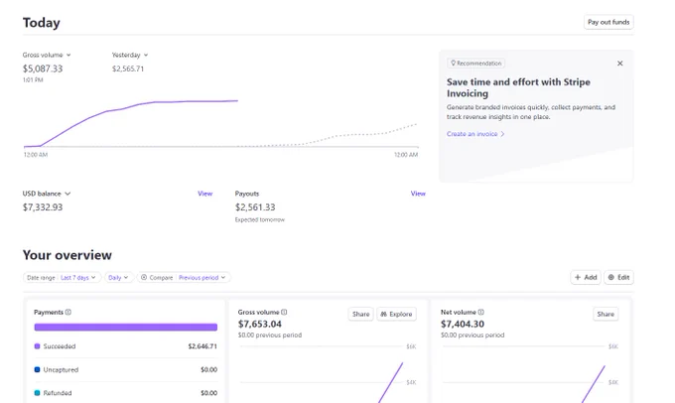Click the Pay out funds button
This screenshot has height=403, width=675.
[608, 22]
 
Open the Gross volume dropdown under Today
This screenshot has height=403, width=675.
[47, 56]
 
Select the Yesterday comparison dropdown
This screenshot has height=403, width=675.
[130, 56]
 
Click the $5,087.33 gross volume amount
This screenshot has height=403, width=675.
[43, 68]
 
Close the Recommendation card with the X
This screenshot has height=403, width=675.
[619, 64]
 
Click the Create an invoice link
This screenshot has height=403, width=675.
[475, 134]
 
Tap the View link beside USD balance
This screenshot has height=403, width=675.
[204, 194]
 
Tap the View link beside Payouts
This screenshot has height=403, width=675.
[418, 194]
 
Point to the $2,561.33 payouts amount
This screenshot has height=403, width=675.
[255, 207]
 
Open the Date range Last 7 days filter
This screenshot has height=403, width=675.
[62, 278]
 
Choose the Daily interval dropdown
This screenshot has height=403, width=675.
[118, 278]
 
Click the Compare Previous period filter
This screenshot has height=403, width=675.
[184, 278]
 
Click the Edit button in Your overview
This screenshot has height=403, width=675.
[619, 277]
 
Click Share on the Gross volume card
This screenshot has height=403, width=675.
[360, 314]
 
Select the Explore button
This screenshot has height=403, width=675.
[396, 314]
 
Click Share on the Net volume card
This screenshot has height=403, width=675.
[606, 314]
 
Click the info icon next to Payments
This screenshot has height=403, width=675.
[68, 312]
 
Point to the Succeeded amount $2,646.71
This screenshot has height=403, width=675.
[202, 346]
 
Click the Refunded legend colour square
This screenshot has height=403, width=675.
[37, 393]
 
